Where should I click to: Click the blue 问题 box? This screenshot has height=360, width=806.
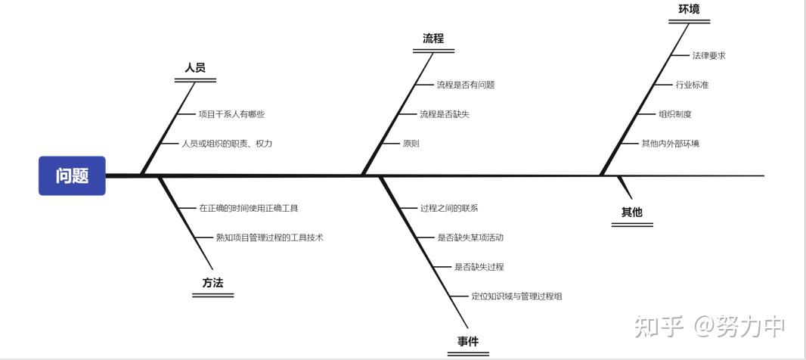[x=72, y=175]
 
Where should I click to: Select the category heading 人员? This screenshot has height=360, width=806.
[x=195, y=68]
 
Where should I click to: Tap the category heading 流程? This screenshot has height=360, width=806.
[x=433, y=39]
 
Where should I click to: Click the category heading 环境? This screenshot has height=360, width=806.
[x=689, y=10]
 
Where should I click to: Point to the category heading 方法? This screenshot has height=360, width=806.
[x=212, y=283]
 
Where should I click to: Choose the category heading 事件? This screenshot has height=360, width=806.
[x=468, y=342]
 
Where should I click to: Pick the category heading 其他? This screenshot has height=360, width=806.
[x=631, y=213]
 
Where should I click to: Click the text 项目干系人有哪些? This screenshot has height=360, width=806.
[x=231, y=114]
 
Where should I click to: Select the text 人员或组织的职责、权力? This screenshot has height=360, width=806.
[x=227, y=144]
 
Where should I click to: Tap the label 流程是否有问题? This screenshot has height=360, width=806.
[x=465, y=85]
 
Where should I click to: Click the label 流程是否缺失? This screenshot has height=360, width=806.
[x=445, y=114]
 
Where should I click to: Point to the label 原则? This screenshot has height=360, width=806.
[x=411, y=144]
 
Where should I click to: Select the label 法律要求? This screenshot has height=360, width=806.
[x=708, y=55]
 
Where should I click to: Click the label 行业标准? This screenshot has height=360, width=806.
[x=692, y=85]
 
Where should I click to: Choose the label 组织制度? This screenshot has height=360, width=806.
[x=675, y=114]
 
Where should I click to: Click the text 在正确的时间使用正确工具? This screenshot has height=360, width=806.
[x=243, y=208]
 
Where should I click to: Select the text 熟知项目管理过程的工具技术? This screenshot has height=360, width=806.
[x=269, y=237]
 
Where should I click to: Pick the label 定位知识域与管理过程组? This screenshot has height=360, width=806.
[x=516, y=296]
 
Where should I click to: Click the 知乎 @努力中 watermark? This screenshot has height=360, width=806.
[x=710, y=326]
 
